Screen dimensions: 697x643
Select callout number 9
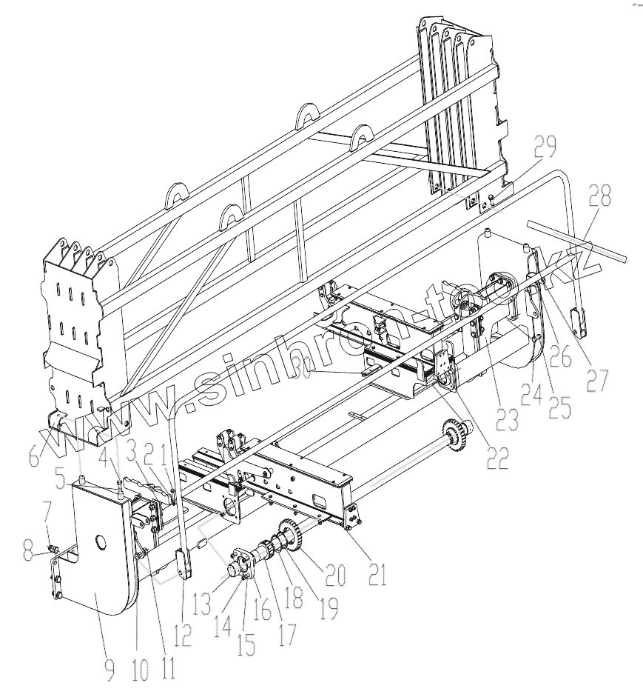109,668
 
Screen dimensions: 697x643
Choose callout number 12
182,634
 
